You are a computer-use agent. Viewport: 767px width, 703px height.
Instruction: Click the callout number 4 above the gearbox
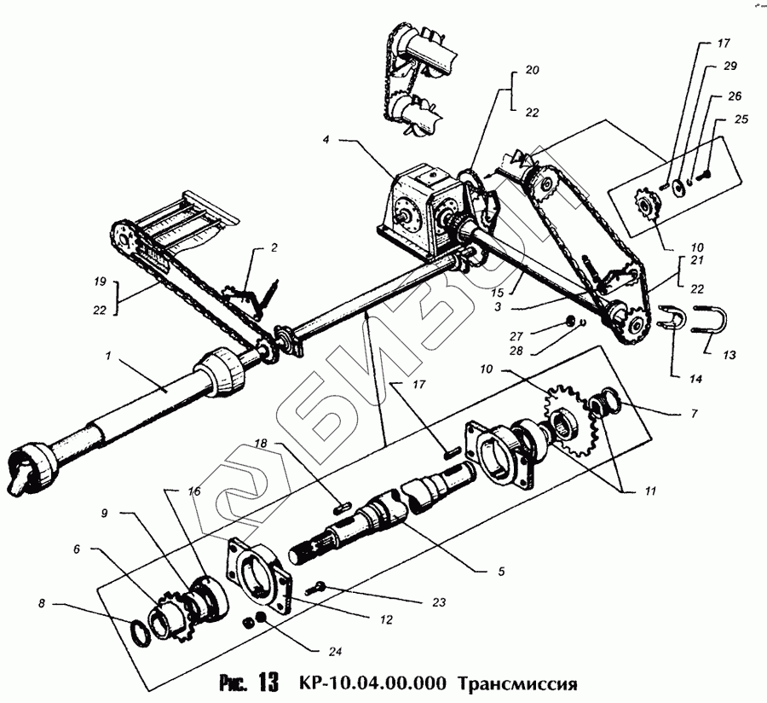point(326,139)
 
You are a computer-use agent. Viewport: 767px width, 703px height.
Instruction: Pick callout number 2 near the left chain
point(274,248)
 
